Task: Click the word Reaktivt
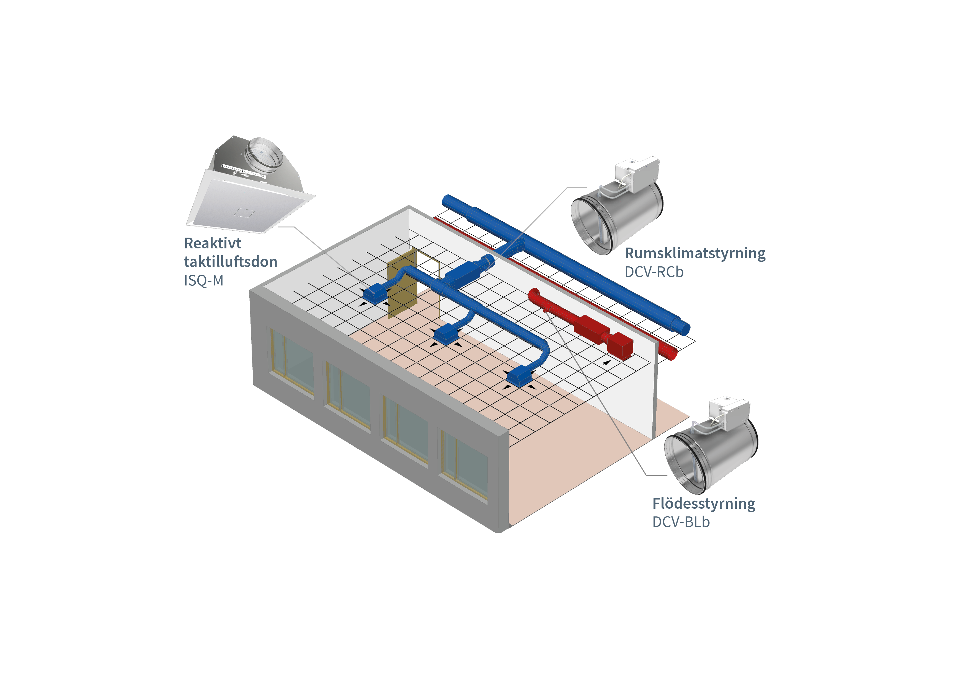point(213,243)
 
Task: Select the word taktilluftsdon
point(231,262)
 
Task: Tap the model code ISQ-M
point(203,280)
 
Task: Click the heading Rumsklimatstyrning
point(695,253)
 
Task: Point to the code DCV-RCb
point(654,272)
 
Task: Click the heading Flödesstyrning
point(704,503)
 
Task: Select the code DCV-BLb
point(681,522)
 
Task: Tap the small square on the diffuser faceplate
point(244,212)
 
